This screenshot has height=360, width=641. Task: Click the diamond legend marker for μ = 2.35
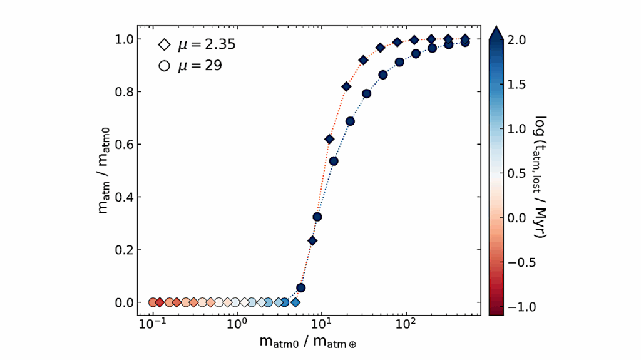[x=165, y=44]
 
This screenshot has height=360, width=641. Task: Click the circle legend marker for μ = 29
[x=165, y=65]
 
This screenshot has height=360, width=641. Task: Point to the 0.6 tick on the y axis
[x=137, y=144]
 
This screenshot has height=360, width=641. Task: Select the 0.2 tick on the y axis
[x=137, y=250]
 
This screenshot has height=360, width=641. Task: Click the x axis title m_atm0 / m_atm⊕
[x=309, y=342]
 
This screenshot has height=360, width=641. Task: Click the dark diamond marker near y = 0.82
[x=346, y=86]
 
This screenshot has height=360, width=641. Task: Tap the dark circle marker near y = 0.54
[x=334, y=161]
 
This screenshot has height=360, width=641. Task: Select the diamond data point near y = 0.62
[x=329, y=139]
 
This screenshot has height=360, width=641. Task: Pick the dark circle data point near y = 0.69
[x=351, y=121]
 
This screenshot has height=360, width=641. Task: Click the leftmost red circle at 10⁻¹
[x=152, y=302]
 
